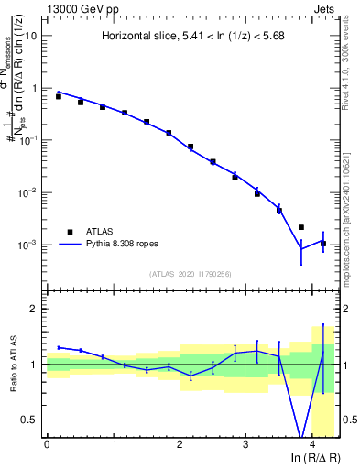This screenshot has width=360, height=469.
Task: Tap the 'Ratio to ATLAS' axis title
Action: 12,364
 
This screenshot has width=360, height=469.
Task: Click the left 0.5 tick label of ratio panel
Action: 30,420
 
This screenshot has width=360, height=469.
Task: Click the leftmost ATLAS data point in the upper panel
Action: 59,96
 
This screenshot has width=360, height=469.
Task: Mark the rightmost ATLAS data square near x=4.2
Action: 323,244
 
